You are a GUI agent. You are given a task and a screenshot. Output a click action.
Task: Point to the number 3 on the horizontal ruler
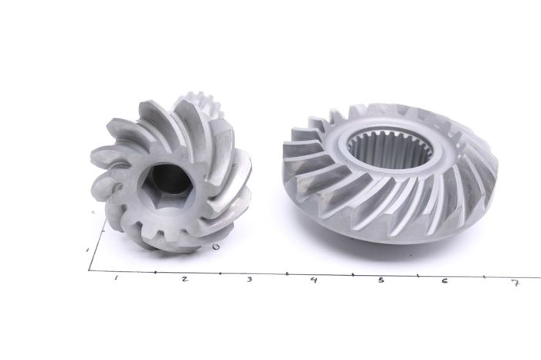point(249,279)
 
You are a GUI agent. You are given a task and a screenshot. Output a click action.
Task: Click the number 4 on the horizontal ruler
point(313,280)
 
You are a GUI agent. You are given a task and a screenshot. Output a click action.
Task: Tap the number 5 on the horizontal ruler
point(380,280)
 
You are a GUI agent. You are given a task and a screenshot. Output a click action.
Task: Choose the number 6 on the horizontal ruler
point(444,280)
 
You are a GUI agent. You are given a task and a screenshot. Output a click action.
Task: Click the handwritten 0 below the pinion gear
point(216,247)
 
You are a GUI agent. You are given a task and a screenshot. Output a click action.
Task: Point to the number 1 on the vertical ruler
point(87,250)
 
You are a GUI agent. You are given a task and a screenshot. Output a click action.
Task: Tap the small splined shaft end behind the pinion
point(193,104)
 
